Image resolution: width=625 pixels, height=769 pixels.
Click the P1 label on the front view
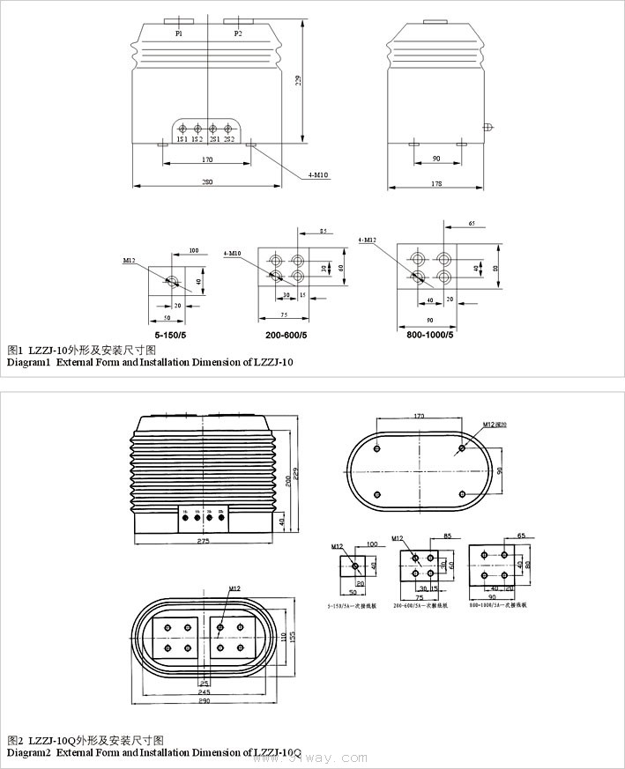[178, 33]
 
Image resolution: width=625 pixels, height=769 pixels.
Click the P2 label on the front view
[237, 33]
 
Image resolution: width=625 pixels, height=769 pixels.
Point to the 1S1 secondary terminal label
[182, 140]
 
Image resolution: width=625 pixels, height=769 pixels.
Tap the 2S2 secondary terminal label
[228, 140]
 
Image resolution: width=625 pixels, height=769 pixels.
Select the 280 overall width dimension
[207, 182]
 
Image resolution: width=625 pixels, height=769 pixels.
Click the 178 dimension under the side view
[436, 183]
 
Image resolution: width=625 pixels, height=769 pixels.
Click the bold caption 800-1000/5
[431, 335]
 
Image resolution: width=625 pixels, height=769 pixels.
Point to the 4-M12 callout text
[368, 240]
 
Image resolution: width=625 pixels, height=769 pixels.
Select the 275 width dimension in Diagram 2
[204, 541]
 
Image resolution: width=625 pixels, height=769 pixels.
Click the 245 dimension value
[204, 691]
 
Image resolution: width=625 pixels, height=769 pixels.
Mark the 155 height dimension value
[293, 634]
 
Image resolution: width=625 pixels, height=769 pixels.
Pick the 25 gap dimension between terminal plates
[204, 682]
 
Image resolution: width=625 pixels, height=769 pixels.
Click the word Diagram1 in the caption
[29, 362]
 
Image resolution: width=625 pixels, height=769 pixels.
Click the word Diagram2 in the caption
[29, 753]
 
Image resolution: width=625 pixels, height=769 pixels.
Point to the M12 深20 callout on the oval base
[495, 425]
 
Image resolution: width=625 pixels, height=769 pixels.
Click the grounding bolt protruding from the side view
[486, 126]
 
